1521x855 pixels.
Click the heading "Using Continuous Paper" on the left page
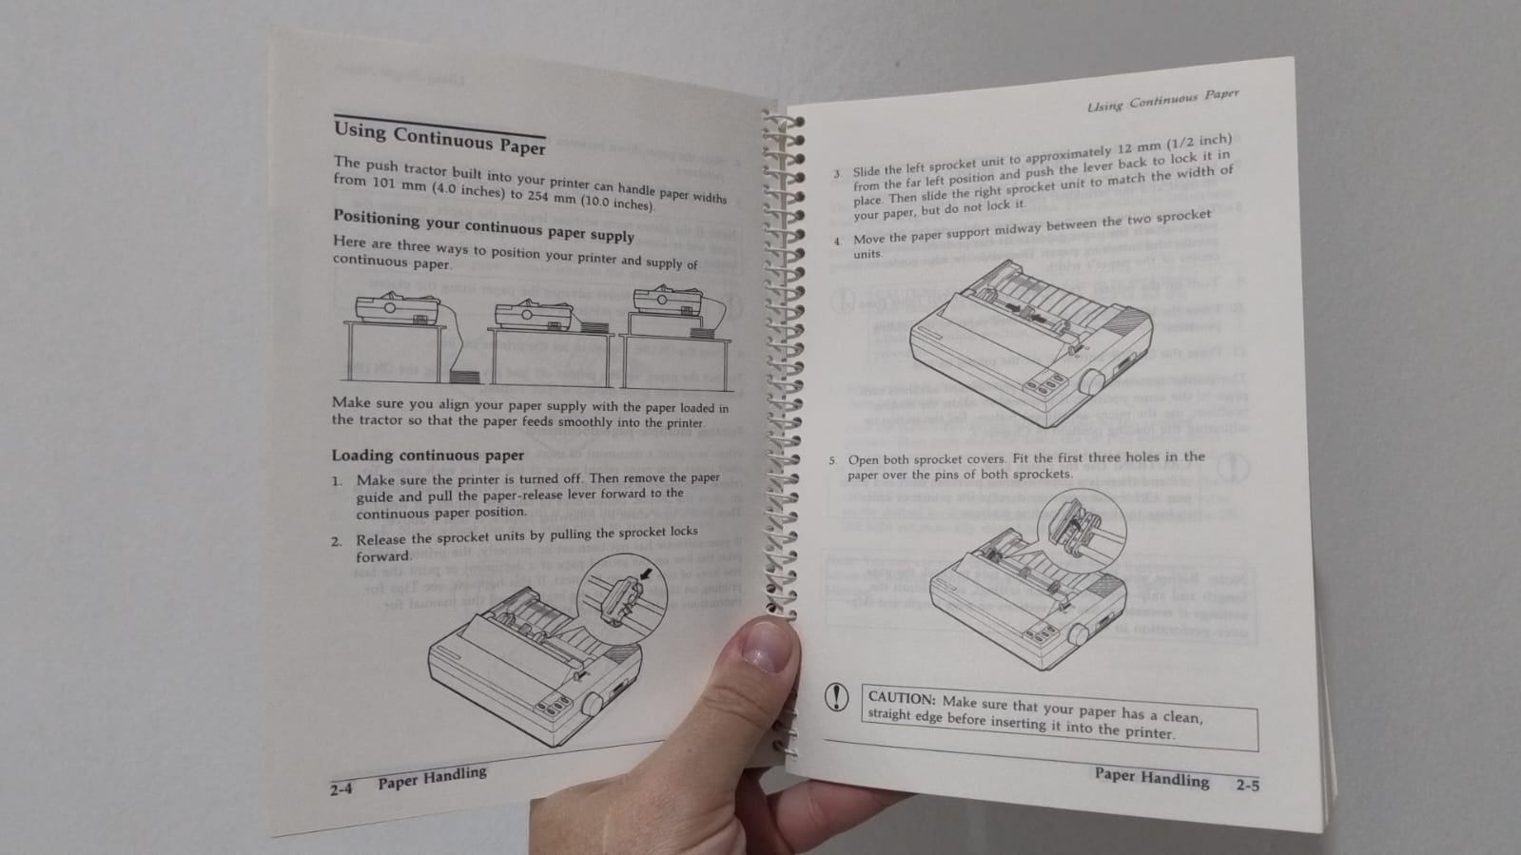(x=439, y=138)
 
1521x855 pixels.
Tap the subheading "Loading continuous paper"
(x=428, y=456)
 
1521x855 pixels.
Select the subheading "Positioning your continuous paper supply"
(x=483, y=225)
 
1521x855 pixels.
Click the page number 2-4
(x=341, y=789)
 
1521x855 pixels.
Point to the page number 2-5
(x=1247, y=786)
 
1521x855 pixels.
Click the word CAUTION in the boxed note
(x=902, y=698)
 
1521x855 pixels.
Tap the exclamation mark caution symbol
(x=836, y=697)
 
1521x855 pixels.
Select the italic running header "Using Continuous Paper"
(x=1163, y=101)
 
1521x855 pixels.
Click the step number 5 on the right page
(x=831, y=460)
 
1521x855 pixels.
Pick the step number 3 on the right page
(x=837, y=175)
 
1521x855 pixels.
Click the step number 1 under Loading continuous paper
(x=337, y=482)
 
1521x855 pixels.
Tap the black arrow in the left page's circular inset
(x=646, y=574)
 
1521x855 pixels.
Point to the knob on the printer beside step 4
(x=1091, y=381)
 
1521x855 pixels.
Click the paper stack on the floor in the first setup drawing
(x=464, y=375)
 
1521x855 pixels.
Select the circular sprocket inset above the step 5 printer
(x=1082, y=531)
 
